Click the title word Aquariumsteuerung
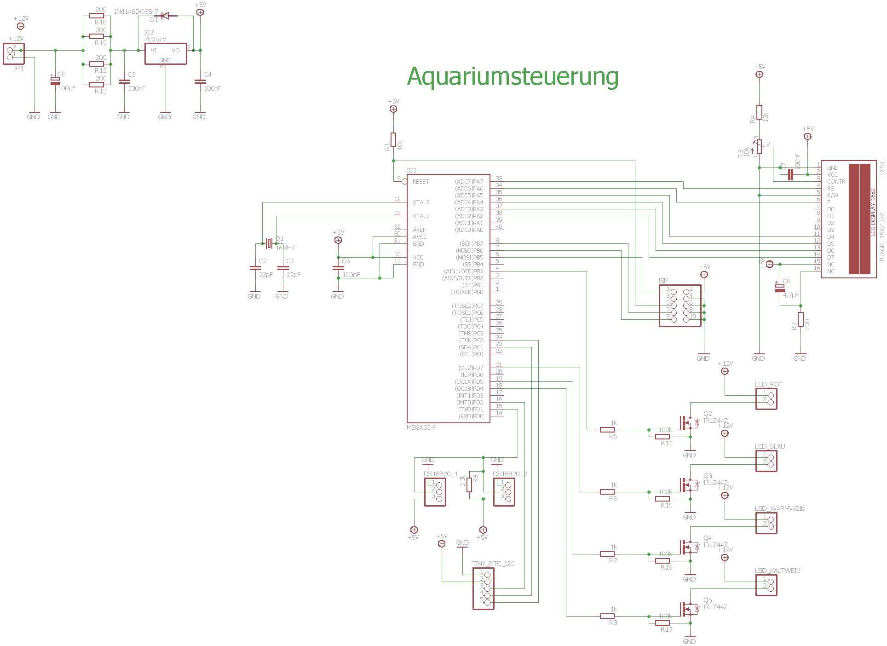click(x=513, y=76)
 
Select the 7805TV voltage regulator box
click(x=166, y=54)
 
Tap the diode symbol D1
click(x=166, y=16)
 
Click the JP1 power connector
click(x=13, y=54)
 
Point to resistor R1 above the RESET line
click(x=393, y=140)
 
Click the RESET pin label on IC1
click(x=420, y=182)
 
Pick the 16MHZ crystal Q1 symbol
click(x=269, y=243)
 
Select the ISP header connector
click(x=680, y=306)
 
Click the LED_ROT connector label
click(x=768, y=384)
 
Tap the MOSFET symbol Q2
click(x=689, y=421)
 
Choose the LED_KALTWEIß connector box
click(x=766, y=585)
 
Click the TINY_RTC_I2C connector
click(x=484, y=589)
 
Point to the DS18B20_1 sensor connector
click(x=435, y=492)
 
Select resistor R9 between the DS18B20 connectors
click(x=469, y=485)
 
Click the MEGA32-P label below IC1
click(x=421, y=427)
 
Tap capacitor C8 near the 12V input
click(x=55, y=81)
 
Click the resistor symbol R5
click(x=607, y=430)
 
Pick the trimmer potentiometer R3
click(x=759, y=147)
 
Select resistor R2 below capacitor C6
click(x=801, y=319)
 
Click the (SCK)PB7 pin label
click(x=471, y=244)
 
